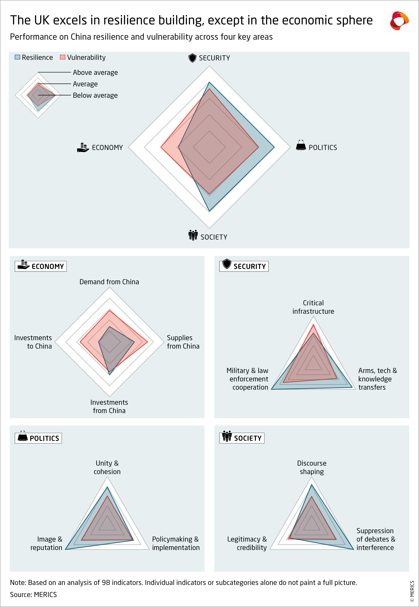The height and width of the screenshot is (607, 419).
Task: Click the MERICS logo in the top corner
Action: click(399, 20)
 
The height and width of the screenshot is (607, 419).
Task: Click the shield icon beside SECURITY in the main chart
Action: click(192, 58)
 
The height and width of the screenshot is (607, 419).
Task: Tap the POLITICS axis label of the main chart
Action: click(323, 148)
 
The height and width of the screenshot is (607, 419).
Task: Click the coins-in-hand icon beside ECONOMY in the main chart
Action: click(83, 148)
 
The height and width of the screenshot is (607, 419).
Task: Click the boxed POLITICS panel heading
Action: click(38, 438)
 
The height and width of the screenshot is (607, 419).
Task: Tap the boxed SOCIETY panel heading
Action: click(242, 438)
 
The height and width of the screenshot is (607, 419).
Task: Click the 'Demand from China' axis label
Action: click(109, 282)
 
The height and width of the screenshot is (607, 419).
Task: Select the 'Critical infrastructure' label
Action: click(313, 307)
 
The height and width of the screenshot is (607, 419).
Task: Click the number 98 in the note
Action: click(106, 583)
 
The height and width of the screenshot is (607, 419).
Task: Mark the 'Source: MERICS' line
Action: click(33, 595)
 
